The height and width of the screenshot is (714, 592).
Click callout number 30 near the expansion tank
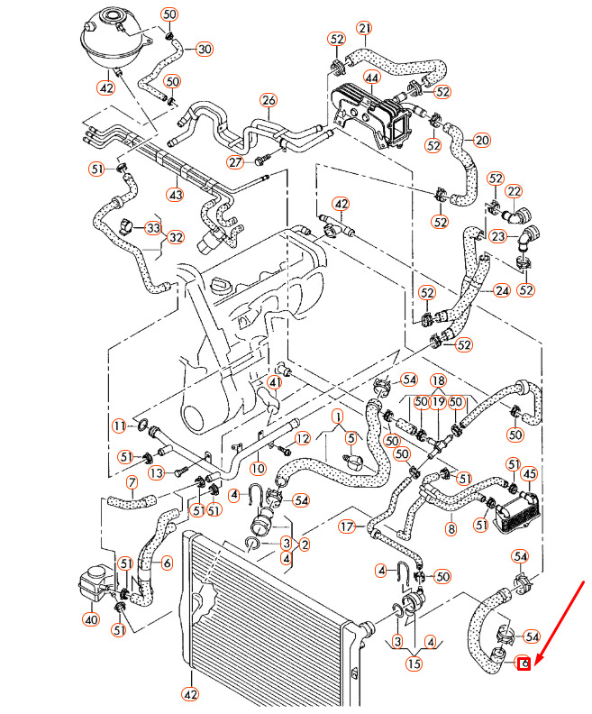point(205,49)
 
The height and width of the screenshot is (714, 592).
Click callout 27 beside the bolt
point(236,162)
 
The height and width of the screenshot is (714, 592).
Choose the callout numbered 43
point(176,194)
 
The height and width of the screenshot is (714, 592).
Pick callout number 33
point(153,228)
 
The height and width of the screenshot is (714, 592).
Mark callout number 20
point(482,140)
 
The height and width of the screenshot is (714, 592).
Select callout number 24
point(502,290)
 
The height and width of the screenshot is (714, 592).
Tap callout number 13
point(156,472)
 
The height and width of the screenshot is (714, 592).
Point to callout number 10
point(258,469)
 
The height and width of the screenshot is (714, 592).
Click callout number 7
point(132,483)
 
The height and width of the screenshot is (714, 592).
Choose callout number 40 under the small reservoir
point(90,619)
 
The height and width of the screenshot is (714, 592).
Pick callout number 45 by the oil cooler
point(530,474)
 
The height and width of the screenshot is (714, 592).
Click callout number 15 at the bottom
point(414,664)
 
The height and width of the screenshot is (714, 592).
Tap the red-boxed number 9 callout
point(523,664)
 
